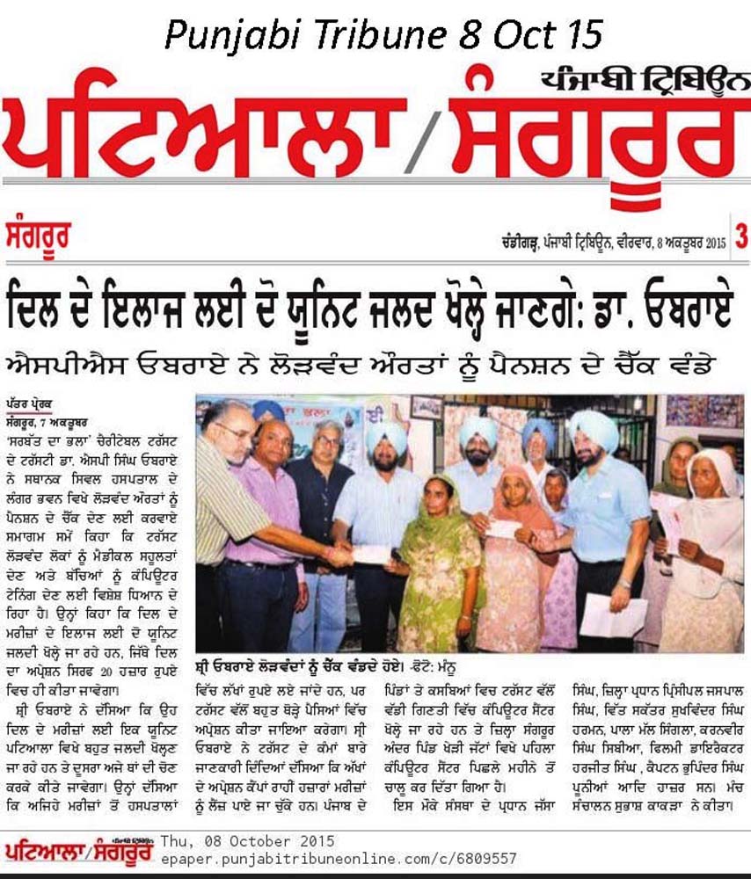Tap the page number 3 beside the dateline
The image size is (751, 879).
(x=740, y=237)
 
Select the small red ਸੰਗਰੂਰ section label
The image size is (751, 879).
(x=40, y=237)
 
